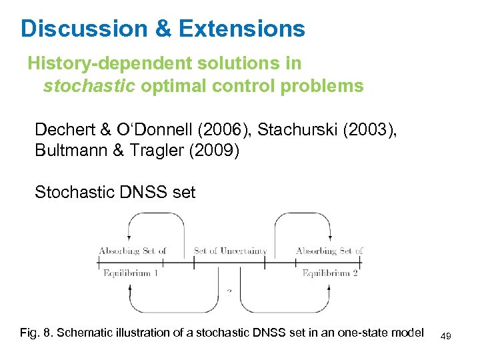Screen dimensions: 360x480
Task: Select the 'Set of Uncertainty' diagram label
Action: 230,251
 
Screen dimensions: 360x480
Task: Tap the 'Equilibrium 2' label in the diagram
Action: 330,273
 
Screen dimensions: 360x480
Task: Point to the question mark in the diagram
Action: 229,291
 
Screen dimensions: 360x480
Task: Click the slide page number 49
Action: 446,336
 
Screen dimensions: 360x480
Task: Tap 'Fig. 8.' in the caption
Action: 37,333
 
